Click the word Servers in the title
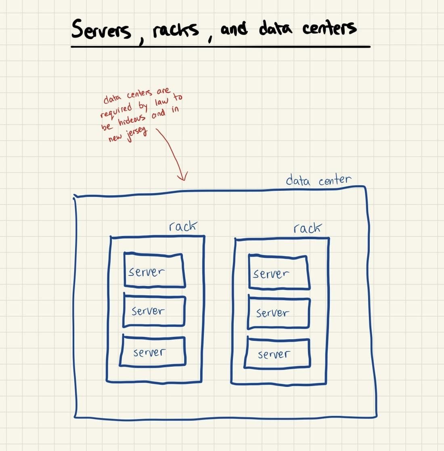101,29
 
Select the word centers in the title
329,27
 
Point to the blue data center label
318,180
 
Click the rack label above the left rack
183,226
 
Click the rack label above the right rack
307,228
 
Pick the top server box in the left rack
154,270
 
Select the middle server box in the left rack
154,311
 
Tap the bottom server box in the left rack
153,352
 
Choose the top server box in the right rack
279,272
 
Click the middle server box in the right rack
278,313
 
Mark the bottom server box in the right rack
278,354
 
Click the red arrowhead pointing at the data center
183,176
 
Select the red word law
161,101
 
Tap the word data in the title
275,28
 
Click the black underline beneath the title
220,47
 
